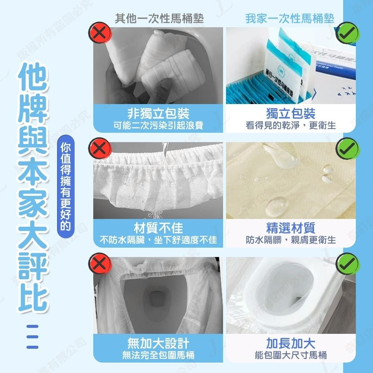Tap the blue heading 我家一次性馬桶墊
289,18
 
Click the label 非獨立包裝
158,113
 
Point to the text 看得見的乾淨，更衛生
291,125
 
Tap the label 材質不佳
158,228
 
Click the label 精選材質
291,228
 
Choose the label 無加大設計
158,343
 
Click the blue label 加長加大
291,343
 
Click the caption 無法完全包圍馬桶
158,355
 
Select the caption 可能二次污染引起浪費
158,125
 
